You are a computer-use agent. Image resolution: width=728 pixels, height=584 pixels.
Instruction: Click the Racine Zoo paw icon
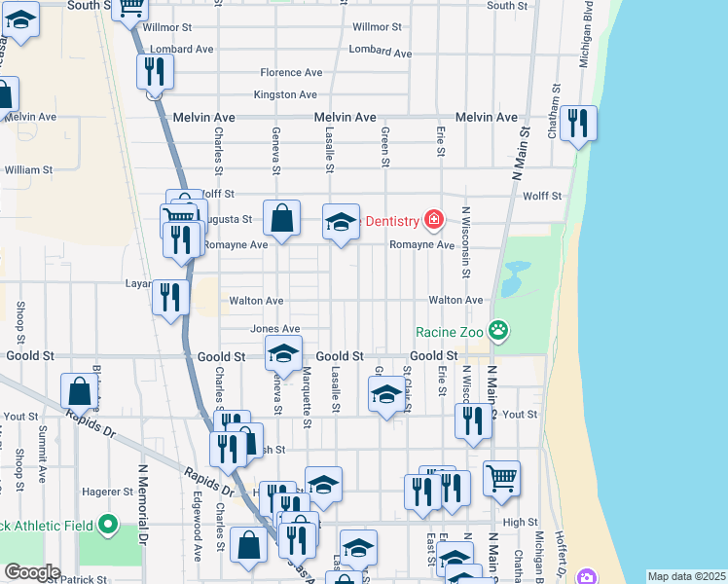[x=499, y=332]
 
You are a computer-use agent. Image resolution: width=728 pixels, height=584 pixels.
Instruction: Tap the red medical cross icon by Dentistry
[x=433, y=222]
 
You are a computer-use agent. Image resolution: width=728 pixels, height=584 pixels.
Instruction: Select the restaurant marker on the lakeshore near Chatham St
[x=579, y=124]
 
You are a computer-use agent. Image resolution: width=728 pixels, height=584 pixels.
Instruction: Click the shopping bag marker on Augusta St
[x=281, y=219]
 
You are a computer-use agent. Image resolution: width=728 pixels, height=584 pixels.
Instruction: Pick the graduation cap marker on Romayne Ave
[x=341, y=222]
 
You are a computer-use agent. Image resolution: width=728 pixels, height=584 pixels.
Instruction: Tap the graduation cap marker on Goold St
[x=283, y=354]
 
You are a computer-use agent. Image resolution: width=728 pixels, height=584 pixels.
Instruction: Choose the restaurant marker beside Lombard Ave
[x=154, y=71]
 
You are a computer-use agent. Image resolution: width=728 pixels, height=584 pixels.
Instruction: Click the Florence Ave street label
[x=291, y=73]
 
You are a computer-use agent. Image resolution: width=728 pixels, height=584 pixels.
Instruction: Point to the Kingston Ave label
[x=285, y=95]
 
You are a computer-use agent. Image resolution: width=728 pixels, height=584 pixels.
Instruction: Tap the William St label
[x=28, y=170]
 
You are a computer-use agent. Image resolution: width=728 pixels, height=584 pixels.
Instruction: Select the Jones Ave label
[x=275, y=329]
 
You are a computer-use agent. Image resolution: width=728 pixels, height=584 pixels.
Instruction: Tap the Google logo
[x=31, y=572]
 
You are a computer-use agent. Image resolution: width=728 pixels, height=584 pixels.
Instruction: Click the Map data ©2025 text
[x=685, y=576]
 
